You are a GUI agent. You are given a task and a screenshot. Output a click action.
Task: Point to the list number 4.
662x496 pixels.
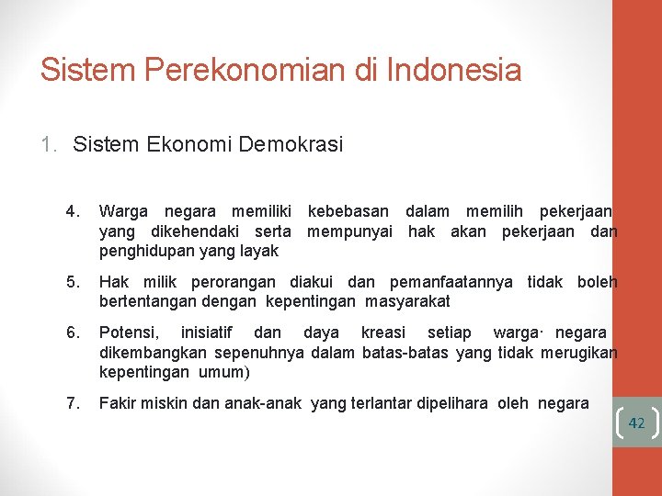pyautogui.click(x=73, y=213)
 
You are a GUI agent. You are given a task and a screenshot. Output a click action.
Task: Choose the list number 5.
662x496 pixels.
pyautogui.click(x=73, y=282)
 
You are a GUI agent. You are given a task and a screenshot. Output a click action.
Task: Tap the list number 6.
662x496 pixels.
pyautogui.click(x=73, y=333)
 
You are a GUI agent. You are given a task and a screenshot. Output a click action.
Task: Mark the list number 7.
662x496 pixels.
pyautogui.click(x=73, y=401)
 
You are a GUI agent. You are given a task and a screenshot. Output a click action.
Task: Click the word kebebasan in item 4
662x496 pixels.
pyautogui.click(x=348, y=213)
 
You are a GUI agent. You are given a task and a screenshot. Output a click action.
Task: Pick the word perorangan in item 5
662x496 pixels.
pyautogui.click(x=235, y=282)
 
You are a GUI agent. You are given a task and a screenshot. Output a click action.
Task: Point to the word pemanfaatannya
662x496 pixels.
pyautogui.click(x=451, y=282)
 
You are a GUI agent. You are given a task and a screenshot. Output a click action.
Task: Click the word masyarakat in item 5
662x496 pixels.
pyautogui.click(x=407, y=300)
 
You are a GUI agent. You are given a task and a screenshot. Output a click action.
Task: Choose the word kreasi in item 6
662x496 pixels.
pyautogui.click(x=382, y=333)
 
